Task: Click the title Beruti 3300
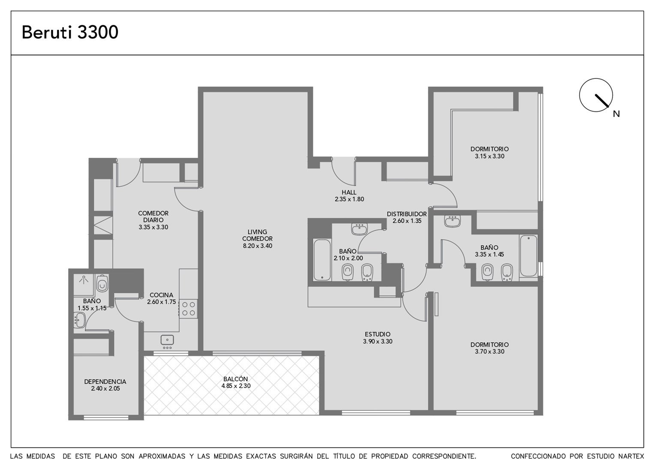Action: [x=70, y=32]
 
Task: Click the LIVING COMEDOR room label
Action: [x=257, y=235]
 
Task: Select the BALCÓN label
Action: [x=236, y=379]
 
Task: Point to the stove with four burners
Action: [x=188, y=309]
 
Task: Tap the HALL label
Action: [x=349, y=192]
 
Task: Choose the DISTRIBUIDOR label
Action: [x=407, y=214]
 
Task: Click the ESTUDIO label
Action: [x=378, y=334]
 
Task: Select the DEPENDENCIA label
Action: [x=105, y=382]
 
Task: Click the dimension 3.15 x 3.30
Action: [x=490, y=156]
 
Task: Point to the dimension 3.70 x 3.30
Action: [x=490, y=352]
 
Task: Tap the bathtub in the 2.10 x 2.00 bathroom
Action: [x=322, y=260]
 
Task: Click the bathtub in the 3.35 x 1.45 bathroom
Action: [x=529, y=256]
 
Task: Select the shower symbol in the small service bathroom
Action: [x=84, y=280]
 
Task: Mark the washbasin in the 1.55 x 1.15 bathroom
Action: [x=79, y=320]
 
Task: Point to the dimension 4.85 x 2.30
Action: [x=236, y=386]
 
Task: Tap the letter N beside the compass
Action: [x=616, y=114]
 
